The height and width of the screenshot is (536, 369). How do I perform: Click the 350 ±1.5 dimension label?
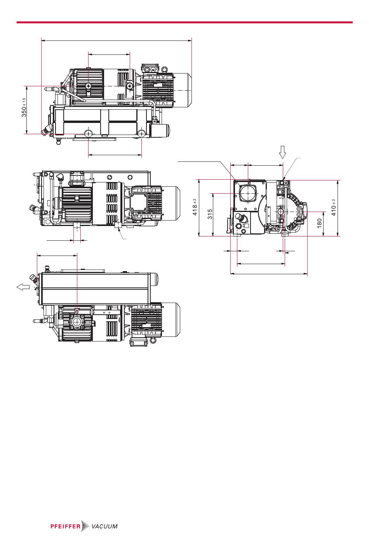[24, 107]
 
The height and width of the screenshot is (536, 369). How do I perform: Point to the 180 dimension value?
[320, 223]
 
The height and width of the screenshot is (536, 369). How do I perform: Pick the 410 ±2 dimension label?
[334, 207]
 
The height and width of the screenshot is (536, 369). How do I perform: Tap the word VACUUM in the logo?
[104, 526]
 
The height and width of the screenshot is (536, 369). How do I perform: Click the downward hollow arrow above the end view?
[282, 152]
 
